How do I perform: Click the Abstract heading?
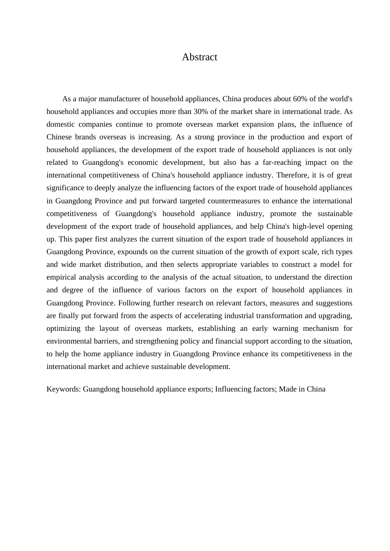click(x=200, y=57)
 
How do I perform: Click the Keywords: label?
click(x=64, y=389)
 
